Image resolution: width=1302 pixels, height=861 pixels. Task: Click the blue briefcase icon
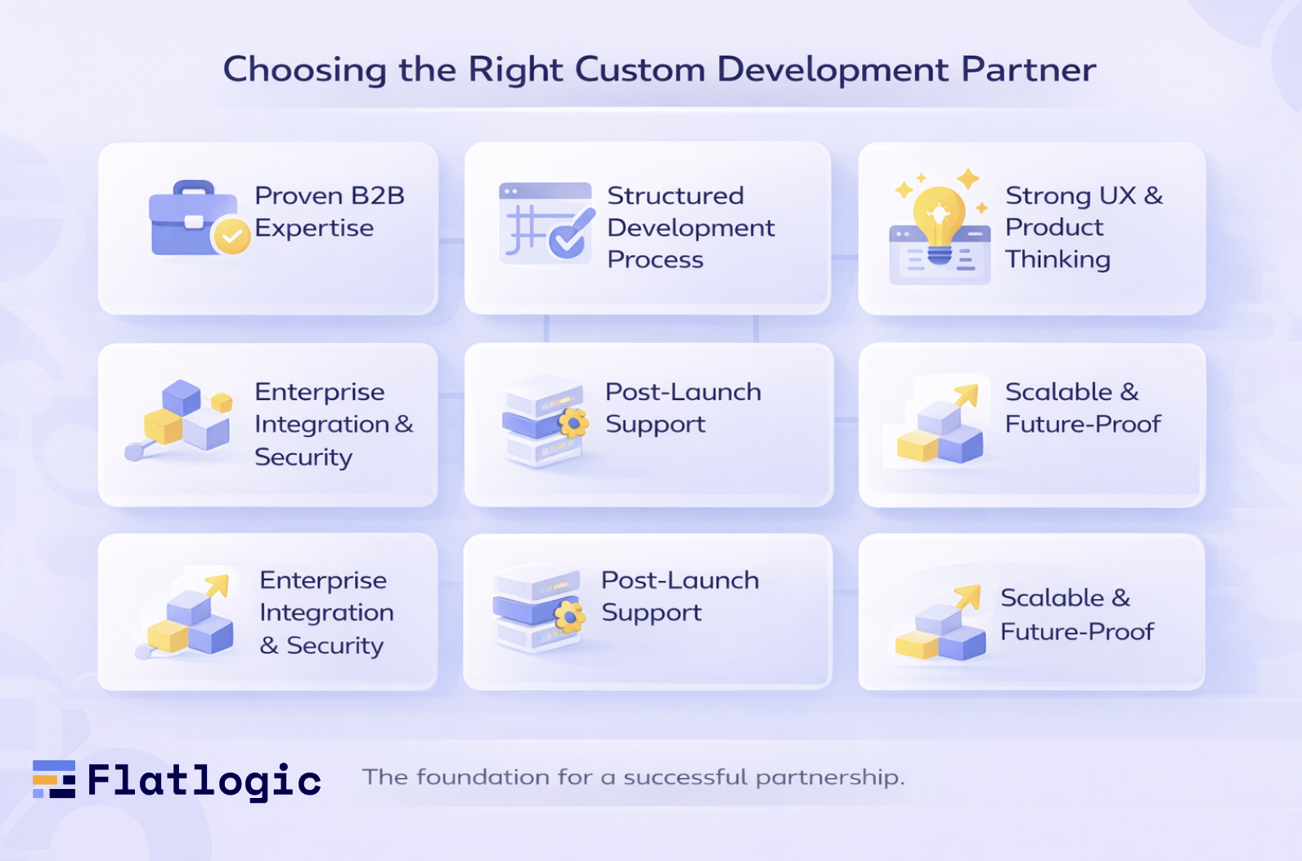[x=190, y=219]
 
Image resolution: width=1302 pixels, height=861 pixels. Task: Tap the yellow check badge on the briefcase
[x=231, y=237]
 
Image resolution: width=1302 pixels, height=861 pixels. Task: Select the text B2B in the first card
[x=378, y=196]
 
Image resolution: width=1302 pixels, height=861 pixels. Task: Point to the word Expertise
[x=314, y=228]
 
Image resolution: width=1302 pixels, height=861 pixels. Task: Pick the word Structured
[x=676, y=196]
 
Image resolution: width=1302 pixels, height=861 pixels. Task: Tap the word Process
[x=655, y=260]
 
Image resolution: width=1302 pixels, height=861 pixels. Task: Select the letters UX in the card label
[x=1117, y=196]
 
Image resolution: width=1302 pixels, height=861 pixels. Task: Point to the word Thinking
[x=1057, y=259]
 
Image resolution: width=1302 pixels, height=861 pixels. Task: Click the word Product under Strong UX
[x=1054, y=227]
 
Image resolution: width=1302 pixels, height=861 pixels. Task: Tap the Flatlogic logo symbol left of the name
[x=54, y=779]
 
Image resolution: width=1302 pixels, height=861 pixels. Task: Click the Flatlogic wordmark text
[x=204, y=781]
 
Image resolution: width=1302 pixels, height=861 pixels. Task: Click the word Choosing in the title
[x=304, y=70]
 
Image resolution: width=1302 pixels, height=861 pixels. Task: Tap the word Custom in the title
[x=640, y=70]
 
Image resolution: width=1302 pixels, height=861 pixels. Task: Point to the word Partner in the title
[x=1029, y=70]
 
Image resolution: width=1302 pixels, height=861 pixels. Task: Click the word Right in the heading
[x=515, y=70]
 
